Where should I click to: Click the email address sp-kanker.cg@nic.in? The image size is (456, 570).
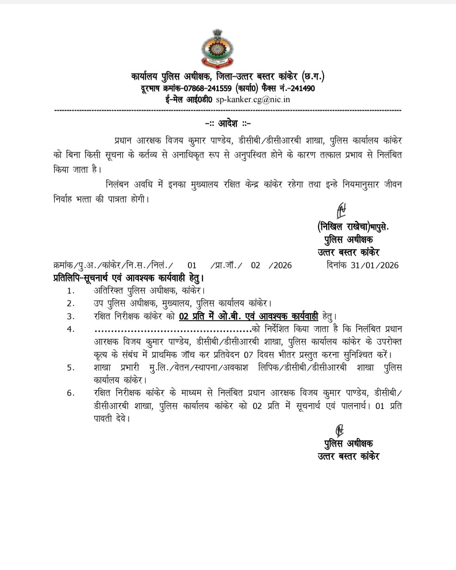pyautogui.click(x=253, y=99)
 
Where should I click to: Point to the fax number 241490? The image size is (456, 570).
pyautogui.click(x=303, y=88)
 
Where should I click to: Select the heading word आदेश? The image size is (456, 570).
pyautogui.click(x=228, y=123)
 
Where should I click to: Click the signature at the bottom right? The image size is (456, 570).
pyautogui.click(x=339, y=430)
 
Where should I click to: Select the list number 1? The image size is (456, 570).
pyautogui.click(x=71, y=291)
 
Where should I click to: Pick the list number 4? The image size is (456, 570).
pyautogui.click(x=71, y=329)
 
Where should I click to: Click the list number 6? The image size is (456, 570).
pyautogui.click(x=71, y=393)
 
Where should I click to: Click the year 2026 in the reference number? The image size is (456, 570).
pyautogui.click(x=282, y=265)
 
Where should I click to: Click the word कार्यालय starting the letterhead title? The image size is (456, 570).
pyautogui.click(x=144, y=77)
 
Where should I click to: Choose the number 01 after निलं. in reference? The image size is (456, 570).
pyautogui.click(x=192, y=265)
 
